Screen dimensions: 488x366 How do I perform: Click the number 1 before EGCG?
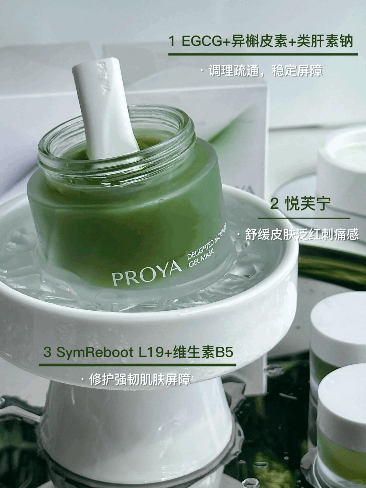[x=172, y=41]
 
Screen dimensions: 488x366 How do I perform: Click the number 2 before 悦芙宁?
[x=274, y=204]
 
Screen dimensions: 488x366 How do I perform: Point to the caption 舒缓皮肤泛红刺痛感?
[x=302, y=235]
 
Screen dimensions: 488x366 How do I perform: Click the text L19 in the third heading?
[x=151, y=352]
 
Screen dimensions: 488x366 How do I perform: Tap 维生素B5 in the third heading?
[x=203, y=352]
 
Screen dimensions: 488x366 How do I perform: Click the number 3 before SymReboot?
[x=47, y=352]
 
